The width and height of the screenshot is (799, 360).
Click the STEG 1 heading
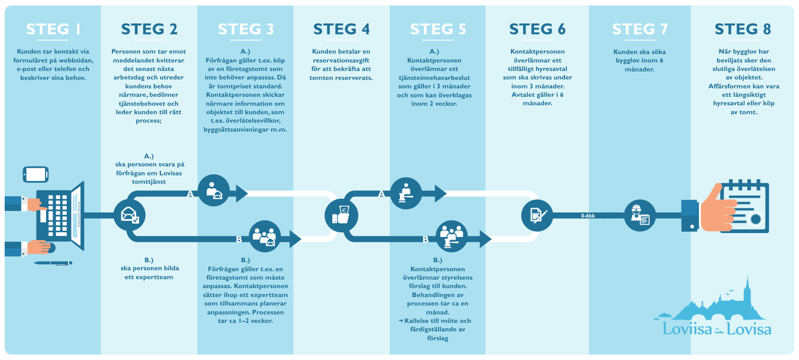[x=53, y=29]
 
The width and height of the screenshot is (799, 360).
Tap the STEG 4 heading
[x=341, y=29]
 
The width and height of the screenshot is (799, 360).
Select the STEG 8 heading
[x=743, y=29]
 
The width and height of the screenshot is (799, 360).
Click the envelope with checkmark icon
[x=129, y=215]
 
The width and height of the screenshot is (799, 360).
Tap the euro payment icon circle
[x=341, y=216]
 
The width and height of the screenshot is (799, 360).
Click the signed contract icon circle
[x=537, y=215]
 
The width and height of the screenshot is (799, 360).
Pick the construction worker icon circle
[x=640, y=215]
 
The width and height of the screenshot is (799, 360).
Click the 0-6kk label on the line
[x=588, y=216]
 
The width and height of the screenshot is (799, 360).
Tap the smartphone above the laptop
[x=35, y=174]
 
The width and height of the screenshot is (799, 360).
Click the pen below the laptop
[x=53, y=263]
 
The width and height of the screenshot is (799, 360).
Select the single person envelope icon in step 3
[x=214, y=190]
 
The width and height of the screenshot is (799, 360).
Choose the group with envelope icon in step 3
[x=265, y=236]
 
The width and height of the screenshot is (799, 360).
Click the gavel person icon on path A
[x=406, y=193]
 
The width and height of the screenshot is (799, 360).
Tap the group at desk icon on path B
[x=452, y=236]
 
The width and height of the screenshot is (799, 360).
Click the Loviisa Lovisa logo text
[x=717, y=329]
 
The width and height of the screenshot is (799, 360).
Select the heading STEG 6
[x=537, y=29]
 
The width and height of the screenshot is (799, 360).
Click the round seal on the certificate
[x=755, y=219]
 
